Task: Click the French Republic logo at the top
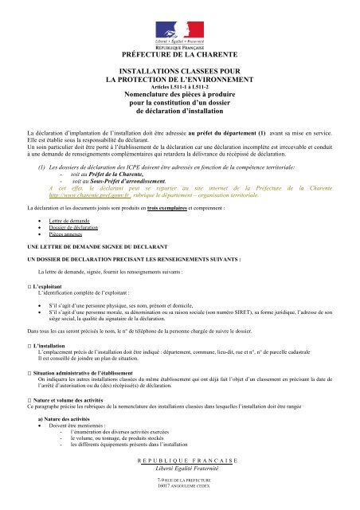point(180,29)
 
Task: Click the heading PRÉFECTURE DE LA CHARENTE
point(180,54)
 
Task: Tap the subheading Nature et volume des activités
point(80,421)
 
